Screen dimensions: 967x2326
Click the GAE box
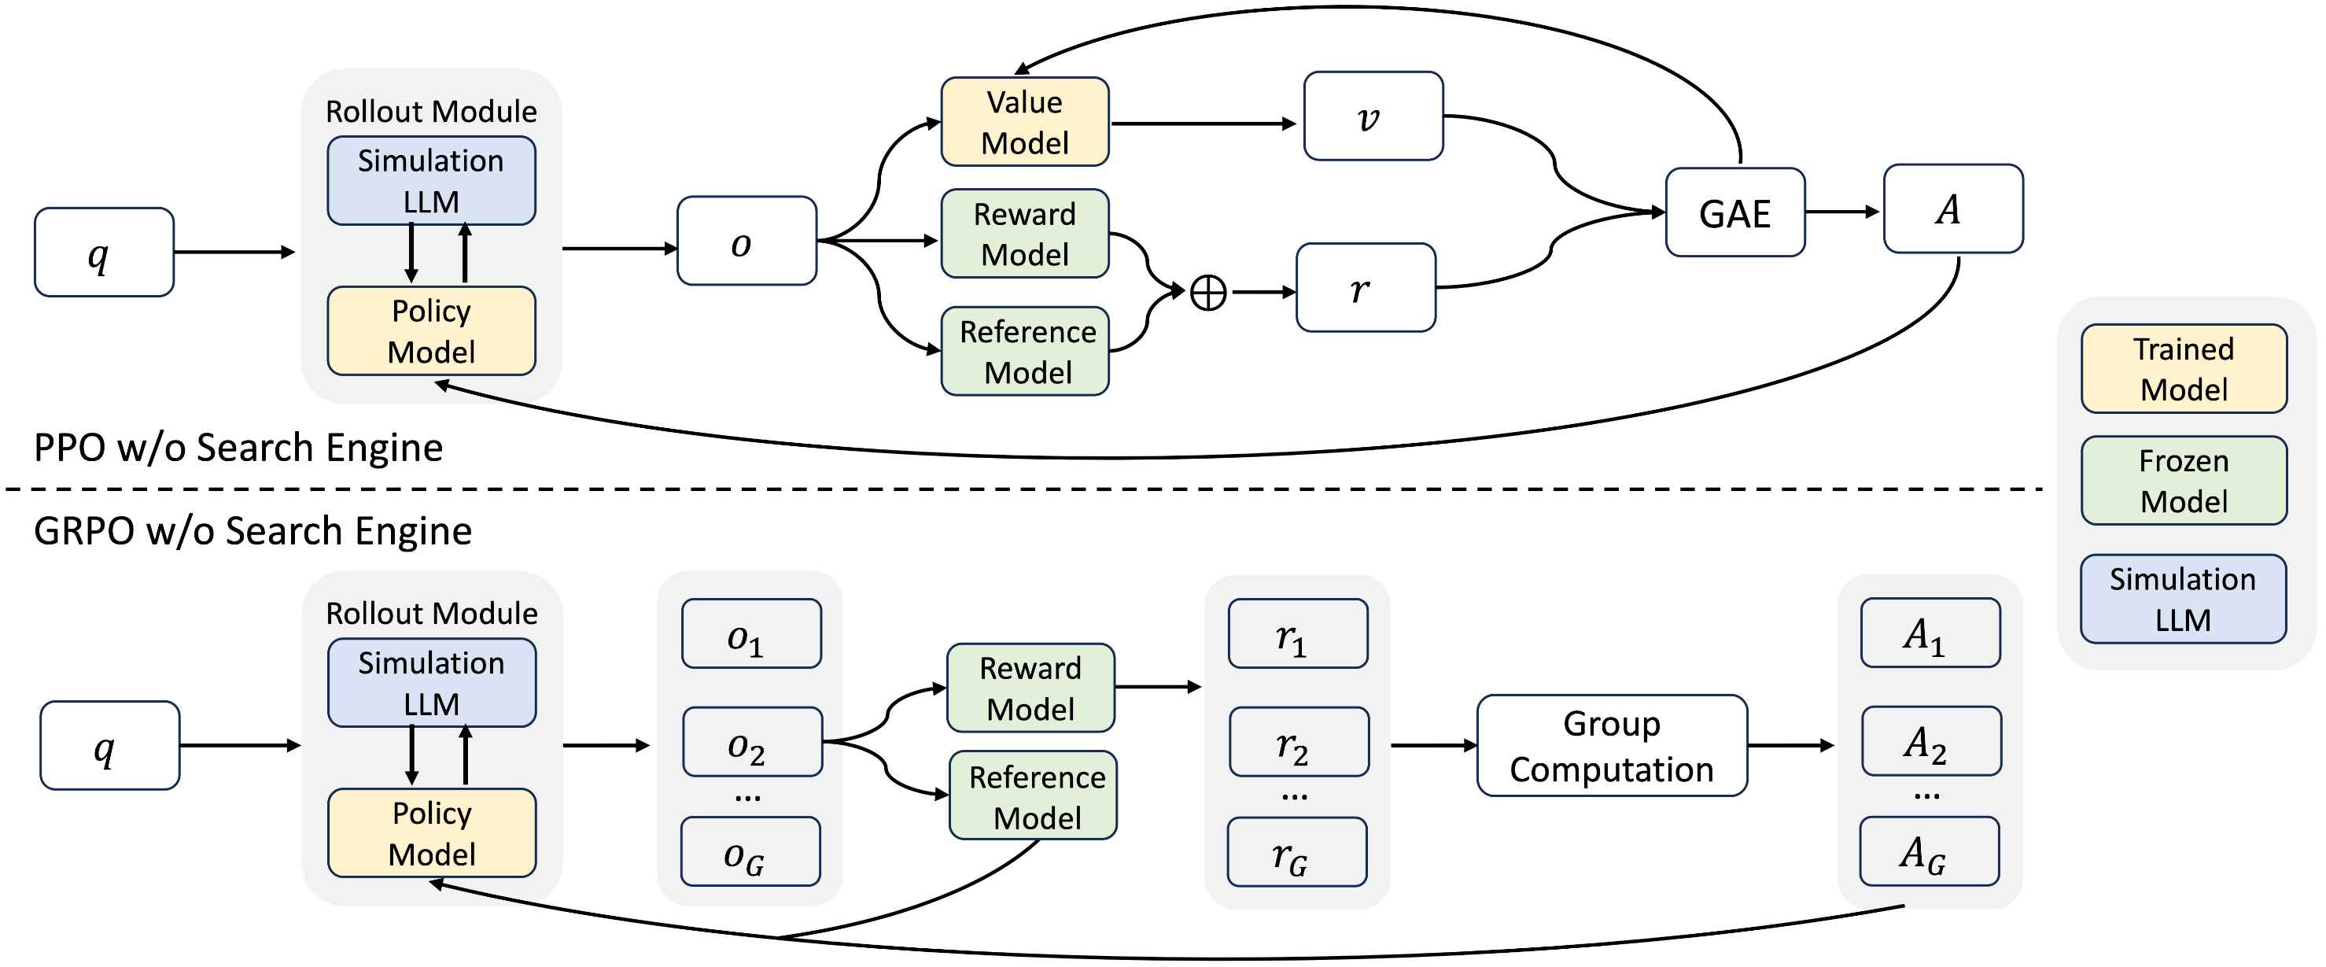coord(1734,212)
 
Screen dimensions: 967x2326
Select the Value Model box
coord(1025,122)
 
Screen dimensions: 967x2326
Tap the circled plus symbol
coord(1208,293)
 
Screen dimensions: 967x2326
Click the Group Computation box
coord(1612,746)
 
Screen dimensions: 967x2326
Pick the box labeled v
coord(1373,116)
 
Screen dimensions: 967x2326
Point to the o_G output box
coord(750,852)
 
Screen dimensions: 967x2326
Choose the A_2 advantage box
coord(1931,742)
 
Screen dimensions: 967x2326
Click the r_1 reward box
coord(1298,635)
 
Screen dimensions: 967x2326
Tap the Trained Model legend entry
coord(2184,369)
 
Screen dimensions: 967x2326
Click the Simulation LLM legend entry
coord(2184,600)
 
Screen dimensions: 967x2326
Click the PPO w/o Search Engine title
coord(238,448)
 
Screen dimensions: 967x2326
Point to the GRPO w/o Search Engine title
coord(253,531)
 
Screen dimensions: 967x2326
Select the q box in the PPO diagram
coord(104,253)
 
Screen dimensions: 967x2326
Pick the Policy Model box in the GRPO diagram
coord(432,833)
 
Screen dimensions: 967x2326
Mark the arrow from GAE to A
coord(1842,212)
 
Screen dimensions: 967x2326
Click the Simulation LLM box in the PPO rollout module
coord(432,181)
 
